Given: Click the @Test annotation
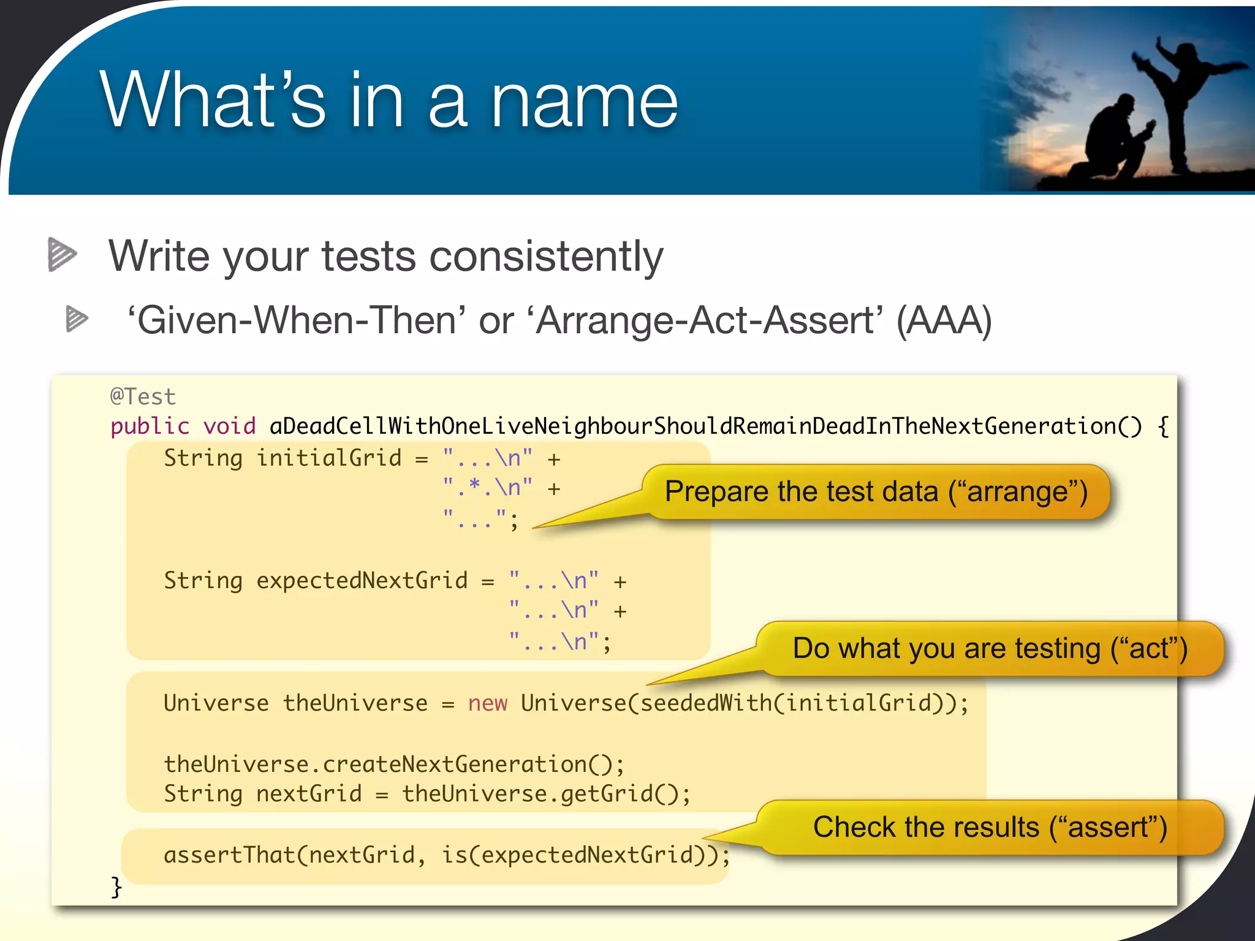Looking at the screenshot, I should pyautogui.click(x=143, y=397).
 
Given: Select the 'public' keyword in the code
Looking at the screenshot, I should pyautogui.click(x=150, y=426).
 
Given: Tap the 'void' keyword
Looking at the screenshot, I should pyautogui.click(x=229, y=426).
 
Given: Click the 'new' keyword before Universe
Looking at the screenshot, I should pyautogui.click(x=488, y=703).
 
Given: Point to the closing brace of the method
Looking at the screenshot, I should pyautogui.click(x=116, y=886).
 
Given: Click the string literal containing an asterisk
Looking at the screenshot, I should pyautogui.click(x=487, y=488).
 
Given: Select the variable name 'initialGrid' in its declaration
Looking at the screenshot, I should pyautogui.click(x=328, y=458).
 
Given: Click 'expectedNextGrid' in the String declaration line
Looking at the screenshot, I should pyautogui.click(x=362, y=581).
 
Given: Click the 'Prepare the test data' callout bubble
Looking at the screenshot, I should pyautogui.click(x=876, y=492).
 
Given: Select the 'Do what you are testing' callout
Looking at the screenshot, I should pyautogui.click(x=989, y=649).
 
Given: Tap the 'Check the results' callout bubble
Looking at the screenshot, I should pyautogui.click(x=989, y=828).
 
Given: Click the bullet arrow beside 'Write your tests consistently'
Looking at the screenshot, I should pyautogui.click(x=61, y=254).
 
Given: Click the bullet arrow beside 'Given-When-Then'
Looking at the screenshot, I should pyautogui.click(x=77, y=319).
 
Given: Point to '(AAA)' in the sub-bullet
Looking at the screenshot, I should pyautogui.click(x=944, y=321).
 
